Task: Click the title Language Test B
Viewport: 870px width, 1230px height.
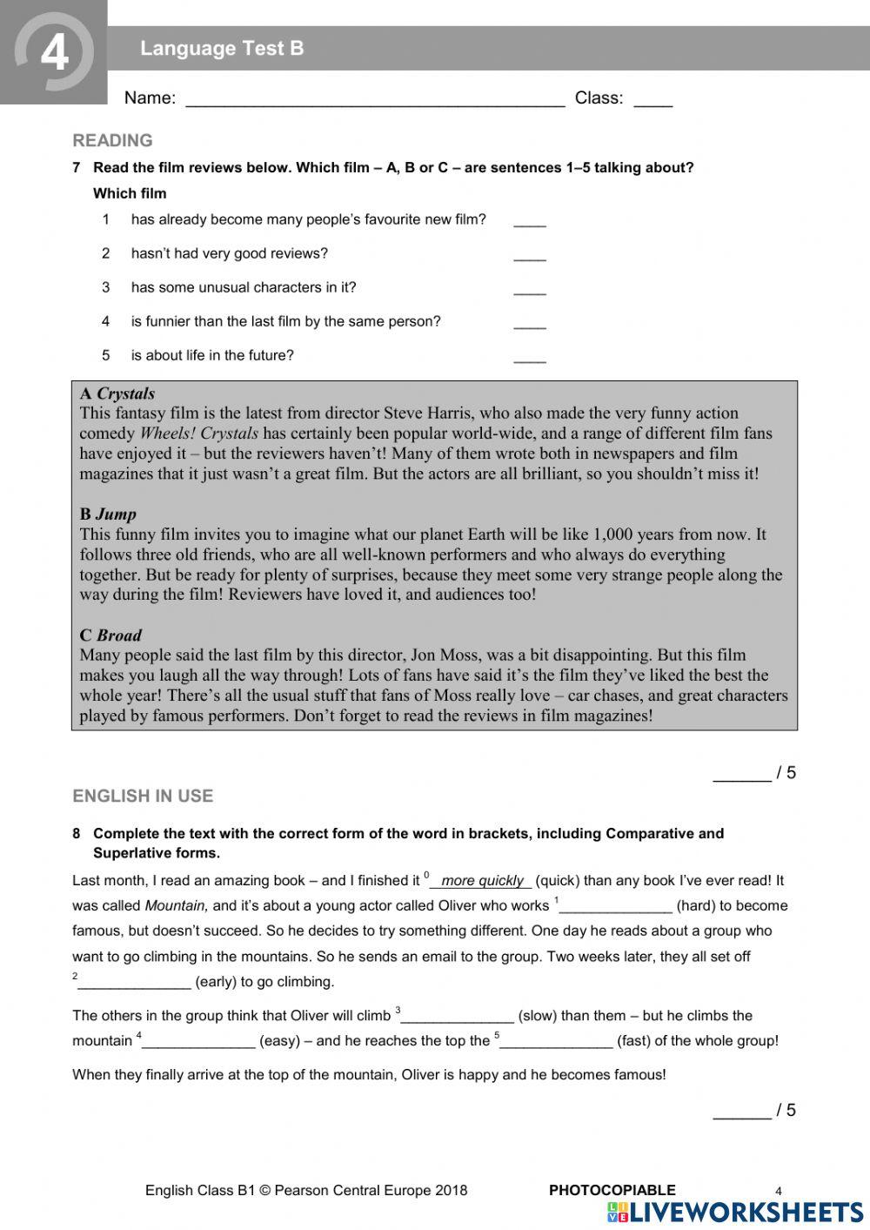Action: [x=222, y=49]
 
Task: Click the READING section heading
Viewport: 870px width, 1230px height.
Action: [x=112, y=140]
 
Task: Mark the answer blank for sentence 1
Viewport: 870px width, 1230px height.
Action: [x=529, y=221]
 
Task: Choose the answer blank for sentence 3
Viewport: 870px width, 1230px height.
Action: [x=529, y=289]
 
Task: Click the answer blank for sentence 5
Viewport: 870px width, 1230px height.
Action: [x=529, y=357]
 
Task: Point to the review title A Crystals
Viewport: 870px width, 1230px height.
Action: [x=117, y=393]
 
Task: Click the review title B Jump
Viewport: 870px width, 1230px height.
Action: [x=108, y=514]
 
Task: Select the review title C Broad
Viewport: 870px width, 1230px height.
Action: [x=110, y=635]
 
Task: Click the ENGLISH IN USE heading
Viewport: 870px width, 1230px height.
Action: [x=143, y=796]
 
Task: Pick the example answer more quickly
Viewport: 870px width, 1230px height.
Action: [x=482, y=881]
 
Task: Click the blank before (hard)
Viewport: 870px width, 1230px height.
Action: [x=615, y=906]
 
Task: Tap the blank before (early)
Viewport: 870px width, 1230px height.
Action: [x=134, y=983]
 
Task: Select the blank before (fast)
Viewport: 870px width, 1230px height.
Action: [x=556, y=1041]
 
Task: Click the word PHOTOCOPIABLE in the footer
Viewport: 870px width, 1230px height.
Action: [x=612, y=1190]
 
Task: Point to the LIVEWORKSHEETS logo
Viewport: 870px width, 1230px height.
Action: [x=736, y=1212]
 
